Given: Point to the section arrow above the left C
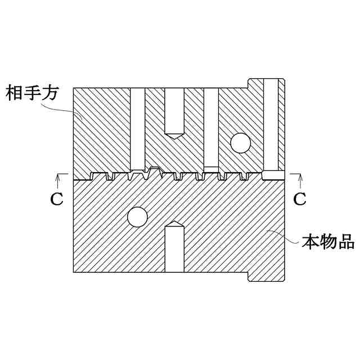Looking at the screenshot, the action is coord(57,178).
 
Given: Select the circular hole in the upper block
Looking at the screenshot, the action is coord(240,143).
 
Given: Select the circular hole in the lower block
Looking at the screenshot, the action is coord(137,217).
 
